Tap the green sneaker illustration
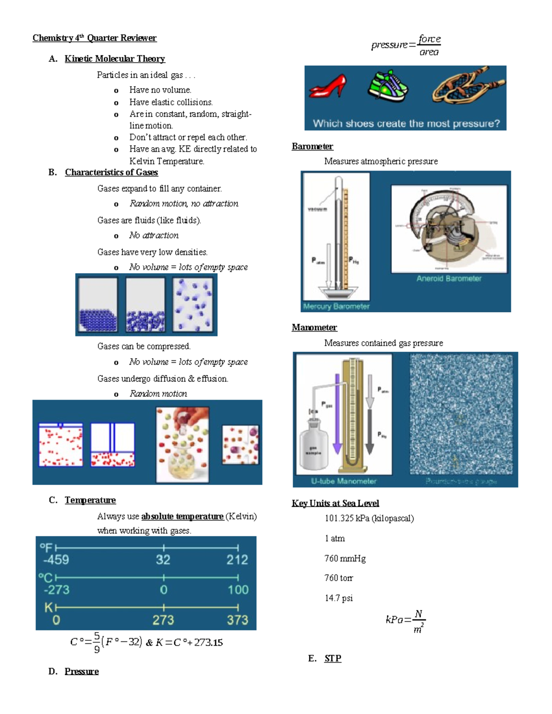(388, 86)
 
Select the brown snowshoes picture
(467, 85)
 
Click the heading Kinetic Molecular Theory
(115, 59)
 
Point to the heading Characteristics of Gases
(111, 172)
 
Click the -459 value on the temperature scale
(56, 560)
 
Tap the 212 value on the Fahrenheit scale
(237, 560)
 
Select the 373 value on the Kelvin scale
(237, 620)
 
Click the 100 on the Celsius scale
(238, 590)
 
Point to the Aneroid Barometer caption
(449, 279)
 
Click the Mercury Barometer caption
(336, 307)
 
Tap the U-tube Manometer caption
(344, 481)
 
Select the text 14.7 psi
(339, 598)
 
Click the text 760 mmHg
(345, 559)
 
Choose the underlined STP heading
(333, 658)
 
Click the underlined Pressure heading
(81, 672)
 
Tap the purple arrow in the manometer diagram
(337, 414)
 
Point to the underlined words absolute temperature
(182, 517)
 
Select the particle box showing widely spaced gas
(193, 304)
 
